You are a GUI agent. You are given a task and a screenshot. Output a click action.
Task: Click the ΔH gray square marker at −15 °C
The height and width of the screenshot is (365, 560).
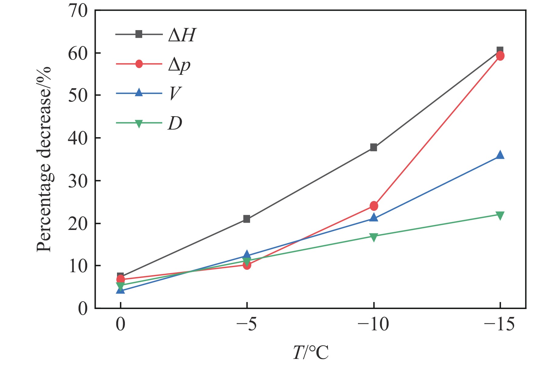[500, 50]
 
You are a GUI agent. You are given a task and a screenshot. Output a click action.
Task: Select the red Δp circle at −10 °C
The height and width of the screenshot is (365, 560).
[374, 206]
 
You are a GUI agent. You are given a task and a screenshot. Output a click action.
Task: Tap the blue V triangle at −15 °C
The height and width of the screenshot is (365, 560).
[500, 155]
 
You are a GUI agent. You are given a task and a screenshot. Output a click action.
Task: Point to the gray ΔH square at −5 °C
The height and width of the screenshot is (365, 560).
[247, 219]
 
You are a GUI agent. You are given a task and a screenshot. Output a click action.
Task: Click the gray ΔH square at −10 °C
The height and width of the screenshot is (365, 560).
[374, 148]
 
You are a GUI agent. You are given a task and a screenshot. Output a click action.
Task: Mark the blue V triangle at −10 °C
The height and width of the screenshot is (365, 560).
[374, 217]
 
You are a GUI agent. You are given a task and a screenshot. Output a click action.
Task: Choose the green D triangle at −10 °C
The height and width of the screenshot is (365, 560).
[374, 237]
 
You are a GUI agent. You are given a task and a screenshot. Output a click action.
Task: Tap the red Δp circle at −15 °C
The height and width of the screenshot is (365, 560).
[500, 56]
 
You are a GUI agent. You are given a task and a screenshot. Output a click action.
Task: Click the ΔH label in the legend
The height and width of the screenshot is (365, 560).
[182, 35]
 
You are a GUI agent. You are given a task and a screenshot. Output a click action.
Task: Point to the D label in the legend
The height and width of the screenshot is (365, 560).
[175, 123]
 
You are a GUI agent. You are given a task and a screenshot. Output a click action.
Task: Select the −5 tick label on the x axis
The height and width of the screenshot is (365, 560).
[247, 325]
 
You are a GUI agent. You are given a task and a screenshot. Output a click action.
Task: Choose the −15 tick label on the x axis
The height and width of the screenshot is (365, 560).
[499, 325]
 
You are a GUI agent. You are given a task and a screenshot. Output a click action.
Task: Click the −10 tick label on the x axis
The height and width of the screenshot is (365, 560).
[373, 325]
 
